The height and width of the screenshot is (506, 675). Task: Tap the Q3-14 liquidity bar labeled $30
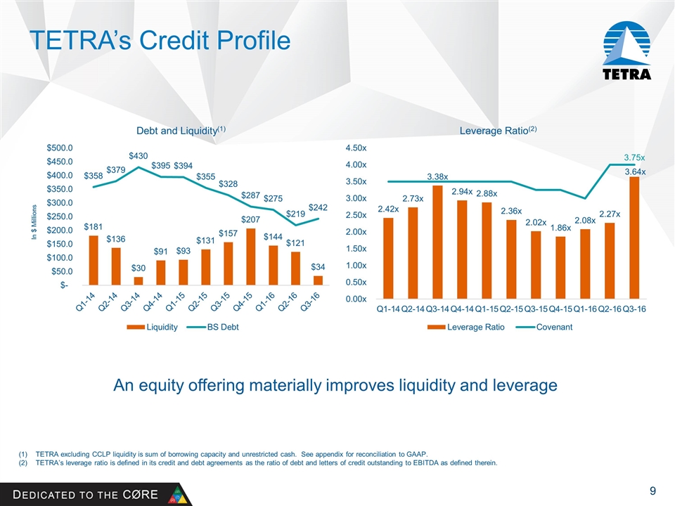click(138, 280)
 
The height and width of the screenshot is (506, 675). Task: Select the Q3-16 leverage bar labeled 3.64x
click(635, 238)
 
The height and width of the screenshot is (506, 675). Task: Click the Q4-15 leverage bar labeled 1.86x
click(560, 267)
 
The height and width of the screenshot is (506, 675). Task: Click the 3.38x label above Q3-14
click(437, 176)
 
